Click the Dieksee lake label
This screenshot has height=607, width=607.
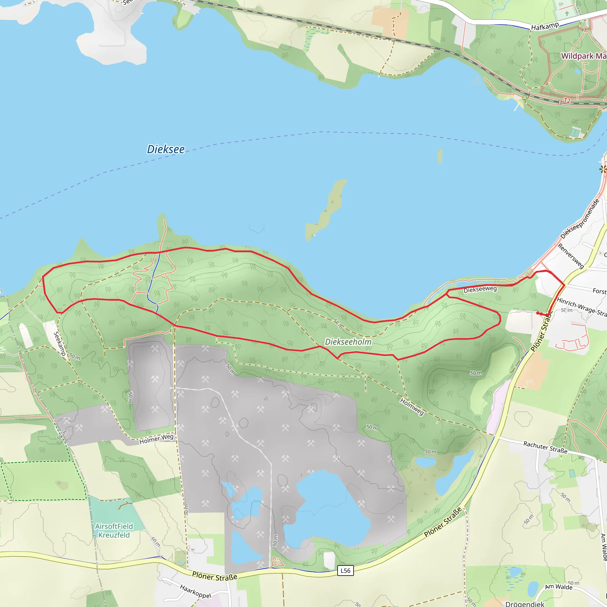[x=166, y=149]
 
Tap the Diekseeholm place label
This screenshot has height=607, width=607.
[x=348, y=342]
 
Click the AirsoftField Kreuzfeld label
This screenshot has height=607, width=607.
[x=114, y=531]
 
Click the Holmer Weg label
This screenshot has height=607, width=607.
[x=156, y=439]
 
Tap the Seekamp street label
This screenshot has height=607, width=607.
[x=59, y=344]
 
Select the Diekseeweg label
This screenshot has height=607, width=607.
[x=480, y=289]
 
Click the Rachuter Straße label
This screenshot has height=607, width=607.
[x=545, y=447]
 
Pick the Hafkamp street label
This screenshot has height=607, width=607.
[x=545, y=26]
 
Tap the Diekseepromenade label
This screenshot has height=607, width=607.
[x=580, y=219]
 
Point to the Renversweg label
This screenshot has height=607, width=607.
[x=571, y=256]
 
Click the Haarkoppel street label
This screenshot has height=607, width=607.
[x=195, y=591]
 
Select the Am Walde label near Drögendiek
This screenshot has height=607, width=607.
[x=559, y=587]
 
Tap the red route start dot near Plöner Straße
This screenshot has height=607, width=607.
[x=538, y=313]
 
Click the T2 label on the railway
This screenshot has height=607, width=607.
[x=567, y=101]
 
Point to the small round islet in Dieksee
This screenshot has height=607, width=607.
[x=440, y=156]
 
